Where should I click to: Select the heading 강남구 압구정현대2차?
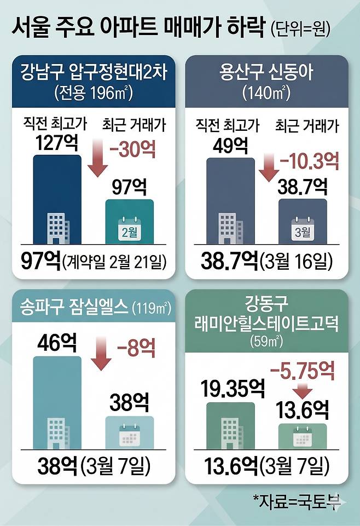point(94,72)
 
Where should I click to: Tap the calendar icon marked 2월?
point(130,228)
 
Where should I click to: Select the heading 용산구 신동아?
point(266,72)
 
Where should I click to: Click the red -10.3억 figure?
point(309,161)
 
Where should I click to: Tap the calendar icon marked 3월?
point(302,229)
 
